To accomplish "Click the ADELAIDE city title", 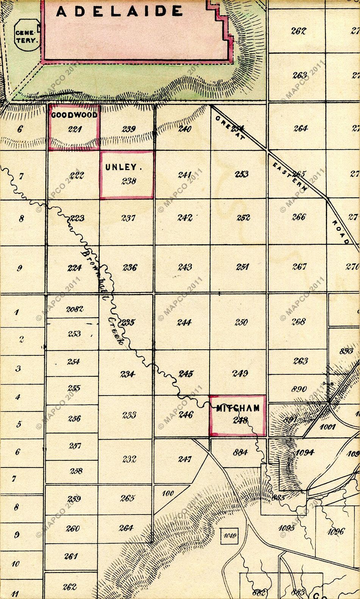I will click(x=119, y=12).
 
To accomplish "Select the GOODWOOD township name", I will click(x=74, y=115).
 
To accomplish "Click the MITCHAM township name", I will click(x=238, y=408).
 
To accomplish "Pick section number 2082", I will click(x=75, y=309).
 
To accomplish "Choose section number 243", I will click(x=185, y=267).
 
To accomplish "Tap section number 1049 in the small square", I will click(x=230, y=536).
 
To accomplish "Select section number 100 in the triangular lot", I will click(x=167, y=493).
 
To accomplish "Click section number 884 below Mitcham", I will click(x=241, y=452).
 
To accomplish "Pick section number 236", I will click(x=130, y=267).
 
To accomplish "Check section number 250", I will click(x=241, y=322).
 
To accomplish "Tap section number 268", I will click(x=299, y=322).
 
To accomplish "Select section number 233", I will click(x=129, y=415).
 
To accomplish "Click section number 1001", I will click(x=328, y=427).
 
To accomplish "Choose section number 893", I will click(x=346, y=351).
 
